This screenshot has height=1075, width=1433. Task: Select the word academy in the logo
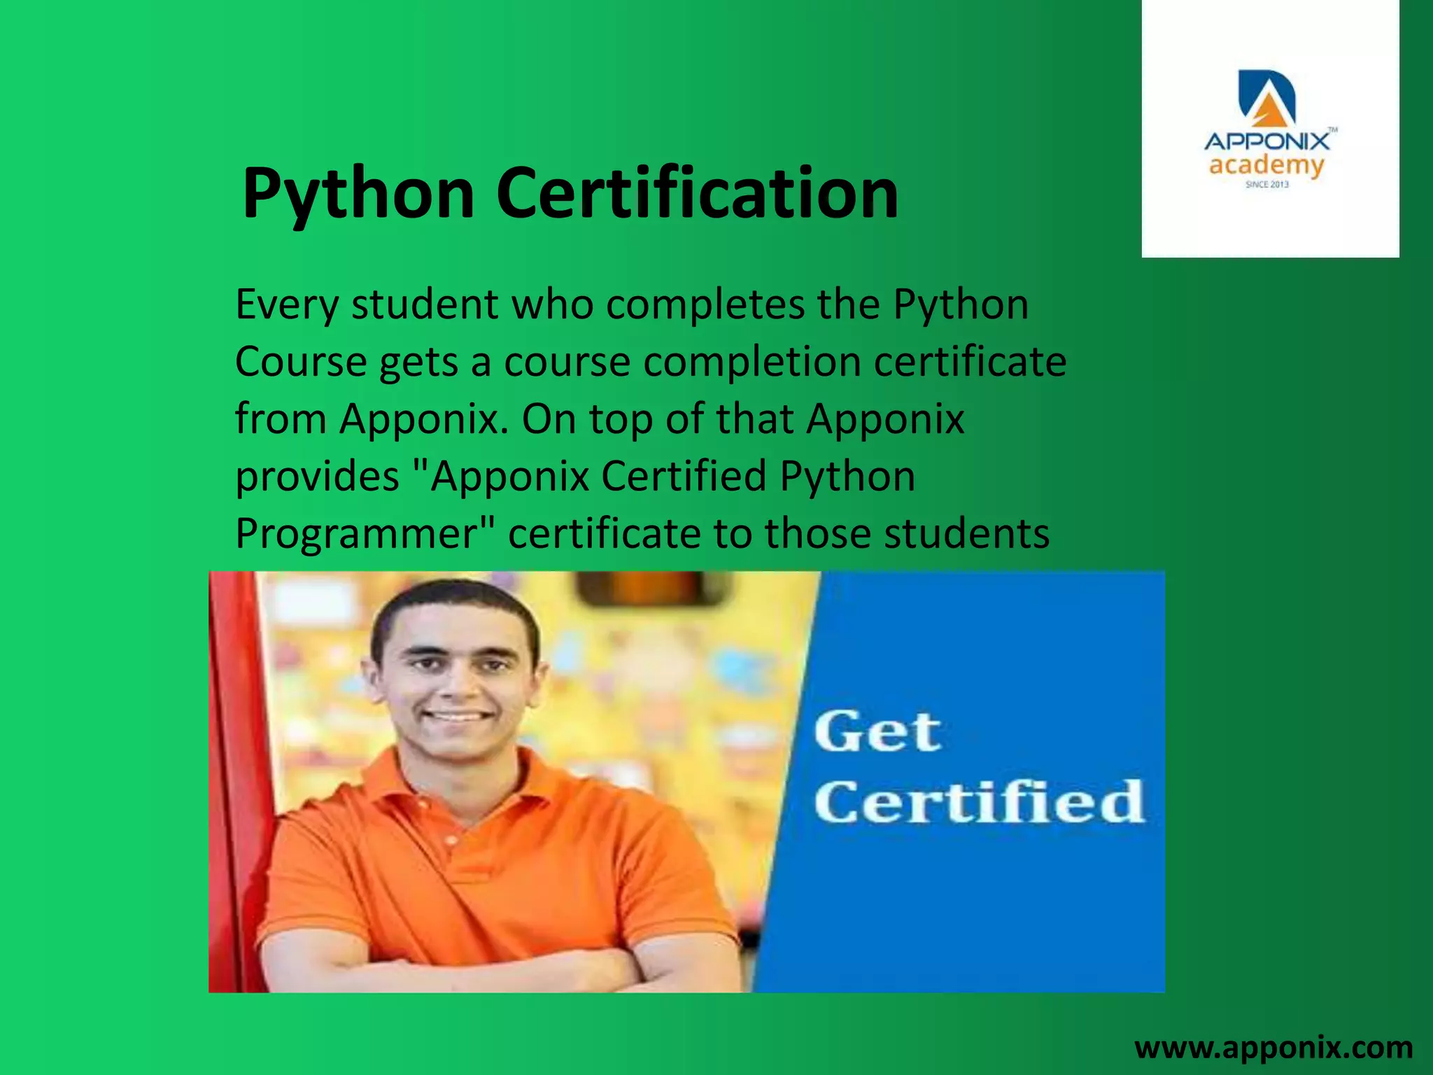(x=1266, y=166)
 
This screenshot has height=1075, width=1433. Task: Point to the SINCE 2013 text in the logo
(x=1267, y=185)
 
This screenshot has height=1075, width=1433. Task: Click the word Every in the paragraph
(x=287, y=305)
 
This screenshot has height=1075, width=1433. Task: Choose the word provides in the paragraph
(x=317, y=477)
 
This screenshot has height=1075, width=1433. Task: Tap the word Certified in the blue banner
(x=978, y=801)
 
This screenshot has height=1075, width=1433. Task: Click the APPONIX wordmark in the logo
(x=1266, y=141)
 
